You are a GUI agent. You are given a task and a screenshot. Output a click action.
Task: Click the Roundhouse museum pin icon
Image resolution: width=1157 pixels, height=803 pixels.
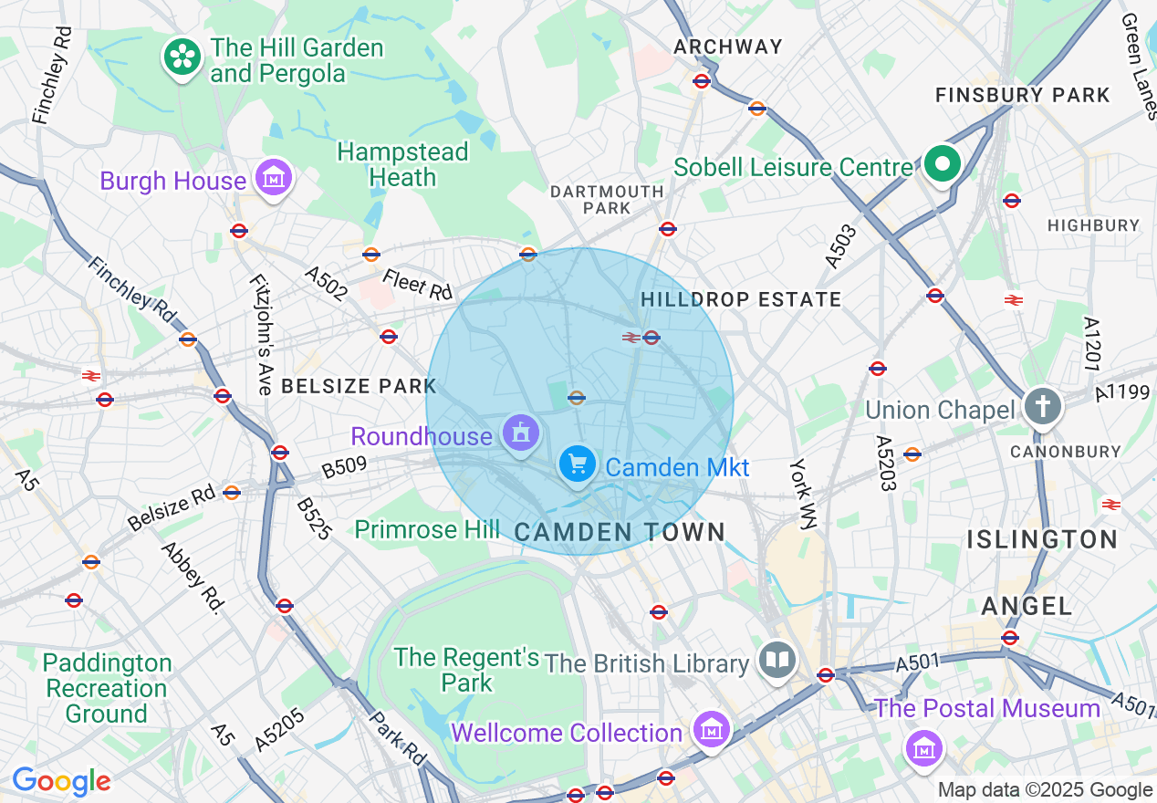click(521, 433)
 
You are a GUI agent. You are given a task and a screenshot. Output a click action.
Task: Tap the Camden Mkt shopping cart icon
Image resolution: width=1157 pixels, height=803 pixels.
click(577, 464)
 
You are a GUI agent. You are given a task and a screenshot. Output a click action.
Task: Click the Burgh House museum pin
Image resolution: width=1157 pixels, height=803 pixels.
click(274, 177)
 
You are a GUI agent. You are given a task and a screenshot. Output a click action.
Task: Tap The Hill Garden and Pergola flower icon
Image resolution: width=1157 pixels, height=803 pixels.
click(182, 57)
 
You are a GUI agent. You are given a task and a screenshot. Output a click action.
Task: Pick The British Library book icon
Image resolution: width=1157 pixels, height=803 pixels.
click(777, 661)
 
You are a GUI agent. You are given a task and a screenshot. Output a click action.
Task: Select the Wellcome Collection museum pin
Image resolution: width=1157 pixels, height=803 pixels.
click(710, 729)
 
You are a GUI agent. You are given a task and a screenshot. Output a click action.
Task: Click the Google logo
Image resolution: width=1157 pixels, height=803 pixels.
click(61, 782)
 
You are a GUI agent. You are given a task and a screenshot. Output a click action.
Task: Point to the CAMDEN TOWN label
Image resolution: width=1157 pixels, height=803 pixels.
click(620, 532)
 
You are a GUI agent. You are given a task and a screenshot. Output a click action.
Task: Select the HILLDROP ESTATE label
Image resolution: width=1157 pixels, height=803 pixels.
click(741, 299)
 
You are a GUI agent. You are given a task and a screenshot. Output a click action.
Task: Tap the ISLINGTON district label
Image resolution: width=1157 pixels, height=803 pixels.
click(1042, 539)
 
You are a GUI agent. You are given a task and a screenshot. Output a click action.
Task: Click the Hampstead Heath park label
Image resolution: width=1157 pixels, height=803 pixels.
click(402, 164)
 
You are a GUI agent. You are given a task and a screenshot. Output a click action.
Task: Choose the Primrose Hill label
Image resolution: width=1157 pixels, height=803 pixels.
click(427, 529)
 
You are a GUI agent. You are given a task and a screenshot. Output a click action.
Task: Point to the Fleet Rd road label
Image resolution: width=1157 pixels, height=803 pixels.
click(418, 284)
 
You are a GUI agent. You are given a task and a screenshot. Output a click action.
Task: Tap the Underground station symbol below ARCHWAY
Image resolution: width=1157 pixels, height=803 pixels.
click(702, 81)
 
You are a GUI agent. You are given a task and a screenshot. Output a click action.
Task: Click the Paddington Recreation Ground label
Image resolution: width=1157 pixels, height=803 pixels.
click(107, 688)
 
